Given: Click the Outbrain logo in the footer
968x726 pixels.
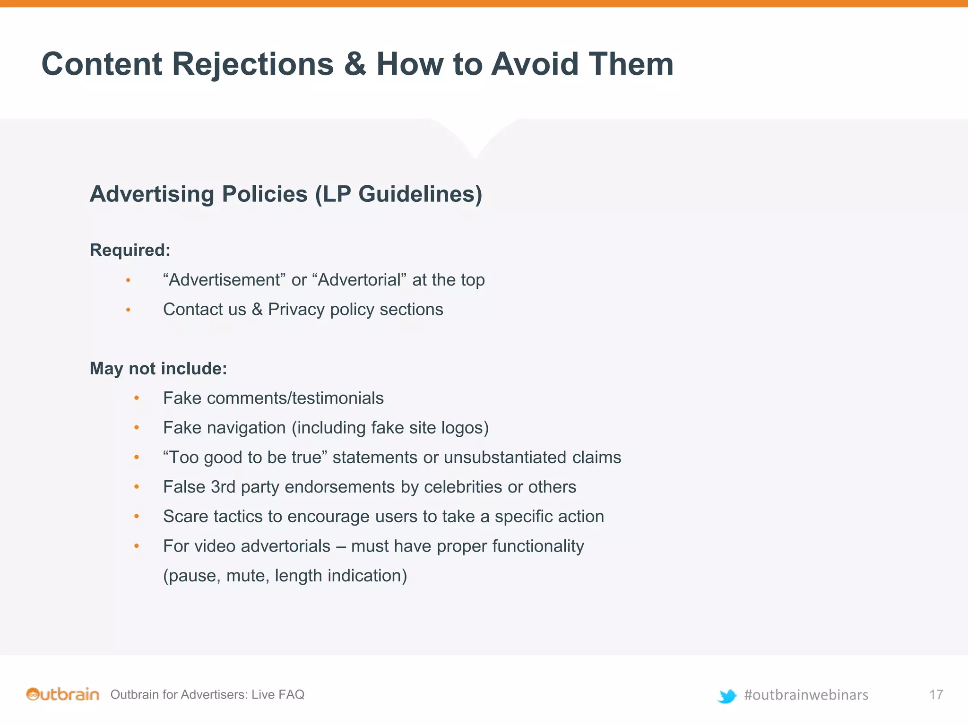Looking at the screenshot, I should [x=62, y=694].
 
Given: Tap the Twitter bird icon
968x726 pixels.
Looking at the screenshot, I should [x=727, y=696].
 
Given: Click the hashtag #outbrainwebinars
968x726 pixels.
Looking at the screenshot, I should [x=806, y=695].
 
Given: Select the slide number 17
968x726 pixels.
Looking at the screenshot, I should [x=936, y=694].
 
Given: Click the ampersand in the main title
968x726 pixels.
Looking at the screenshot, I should [x=355, y=64].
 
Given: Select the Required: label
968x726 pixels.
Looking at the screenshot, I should [x=130, y=250].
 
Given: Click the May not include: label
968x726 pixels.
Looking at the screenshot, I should [x=158, y=369].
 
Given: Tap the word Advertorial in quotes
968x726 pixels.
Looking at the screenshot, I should [x=360, y=280].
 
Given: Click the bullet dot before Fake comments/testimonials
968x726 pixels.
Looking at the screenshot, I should [x=137, y=398].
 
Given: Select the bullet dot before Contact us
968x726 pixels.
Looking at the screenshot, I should [x=128, y=310].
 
